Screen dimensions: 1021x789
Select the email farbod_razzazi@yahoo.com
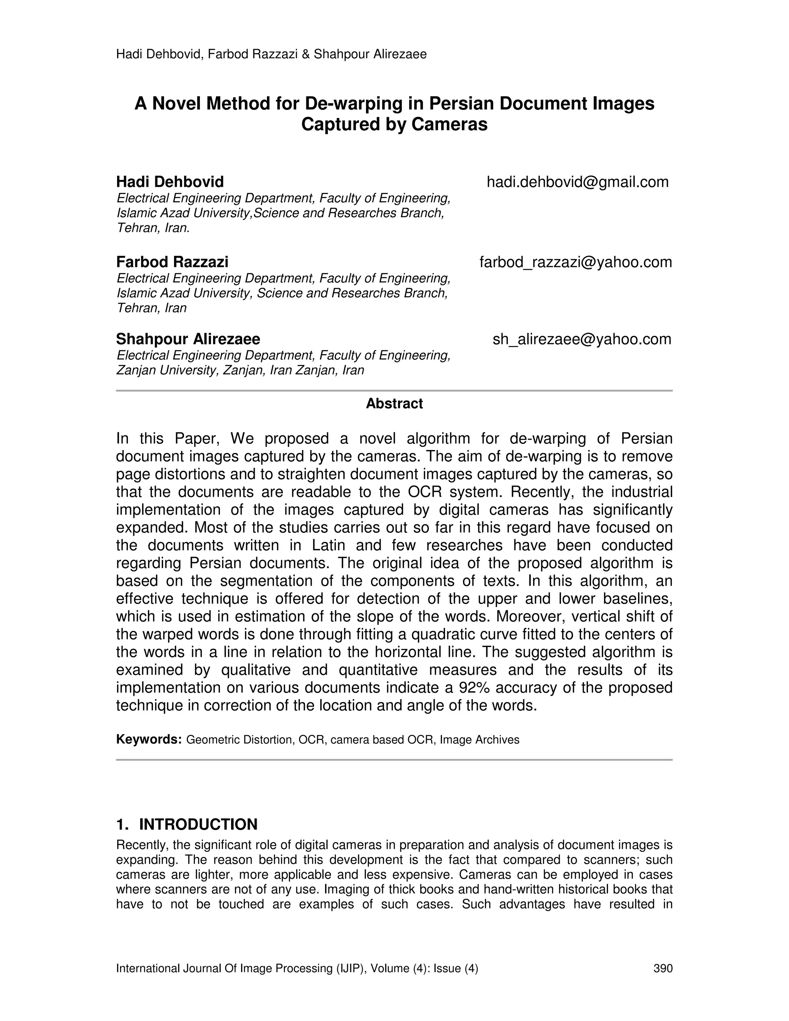pos(576,262)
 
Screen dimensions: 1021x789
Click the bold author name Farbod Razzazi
pos(172,262)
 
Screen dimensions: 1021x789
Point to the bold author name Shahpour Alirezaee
pos(188,339)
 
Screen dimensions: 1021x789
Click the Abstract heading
pos(394,403)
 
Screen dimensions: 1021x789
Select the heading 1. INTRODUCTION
pos(186,824)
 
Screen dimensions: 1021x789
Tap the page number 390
pos(663,968)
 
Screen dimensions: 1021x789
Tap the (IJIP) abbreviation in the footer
pos(351,968)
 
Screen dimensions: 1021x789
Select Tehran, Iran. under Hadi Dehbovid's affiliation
pos(153,228)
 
